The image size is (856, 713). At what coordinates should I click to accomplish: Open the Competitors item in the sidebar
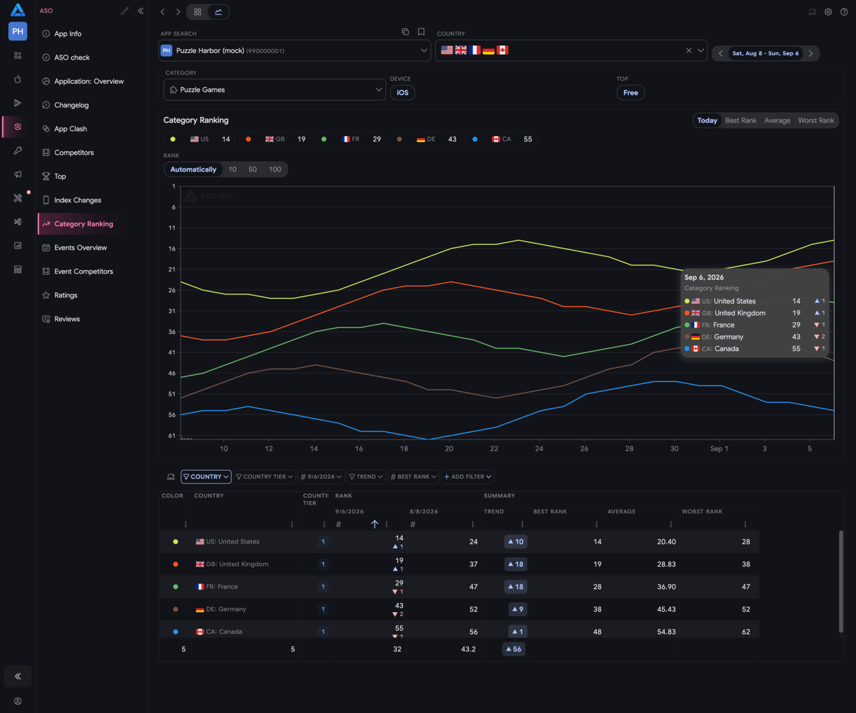74,153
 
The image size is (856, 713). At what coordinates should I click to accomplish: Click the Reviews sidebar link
67,319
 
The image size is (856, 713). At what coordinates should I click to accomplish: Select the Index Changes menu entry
77,200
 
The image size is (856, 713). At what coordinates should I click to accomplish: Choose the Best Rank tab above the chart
741,121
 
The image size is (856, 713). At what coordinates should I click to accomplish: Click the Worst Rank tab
816,121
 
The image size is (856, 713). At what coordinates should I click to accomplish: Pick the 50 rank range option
253,169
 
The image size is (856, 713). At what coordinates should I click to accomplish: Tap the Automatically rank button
193,169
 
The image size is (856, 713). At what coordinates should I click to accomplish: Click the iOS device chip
402,93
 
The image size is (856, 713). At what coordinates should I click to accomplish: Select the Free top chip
630,93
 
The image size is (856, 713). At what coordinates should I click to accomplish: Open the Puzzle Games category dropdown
274,90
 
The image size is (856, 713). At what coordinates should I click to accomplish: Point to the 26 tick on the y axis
172,290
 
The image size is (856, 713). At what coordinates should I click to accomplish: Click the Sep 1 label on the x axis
719,449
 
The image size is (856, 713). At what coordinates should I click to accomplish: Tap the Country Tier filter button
265,477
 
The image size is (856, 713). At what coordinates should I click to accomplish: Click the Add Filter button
467,477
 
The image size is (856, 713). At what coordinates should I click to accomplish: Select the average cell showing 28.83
666,564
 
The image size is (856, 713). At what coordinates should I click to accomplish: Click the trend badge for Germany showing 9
518,609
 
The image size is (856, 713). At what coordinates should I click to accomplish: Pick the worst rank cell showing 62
745,632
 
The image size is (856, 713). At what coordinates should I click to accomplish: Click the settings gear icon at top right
828,12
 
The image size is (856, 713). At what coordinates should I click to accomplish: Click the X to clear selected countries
689,51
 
